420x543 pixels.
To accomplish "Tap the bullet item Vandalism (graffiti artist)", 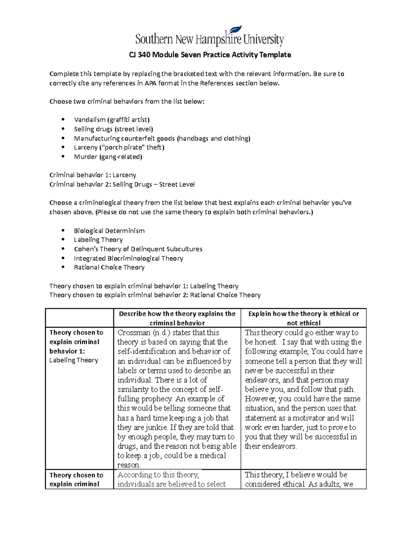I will click(x=112, y=120).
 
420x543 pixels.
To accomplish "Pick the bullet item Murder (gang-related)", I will click(x=108, y=157).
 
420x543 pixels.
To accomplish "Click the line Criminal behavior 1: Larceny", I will click(x=93, y=175).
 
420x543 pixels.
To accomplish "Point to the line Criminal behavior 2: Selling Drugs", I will click(x=122, y=185).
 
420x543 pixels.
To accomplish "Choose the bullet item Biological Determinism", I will click(x=109, y=231).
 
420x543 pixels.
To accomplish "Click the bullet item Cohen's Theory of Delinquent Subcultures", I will click(x=138, y=249).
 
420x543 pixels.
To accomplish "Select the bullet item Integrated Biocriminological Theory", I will click(x=128, y=258).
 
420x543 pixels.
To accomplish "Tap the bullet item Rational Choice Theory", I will click(x=109, y=267).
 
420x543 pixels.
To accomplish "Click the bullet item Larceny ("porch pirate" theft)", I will click(x=119, y=148).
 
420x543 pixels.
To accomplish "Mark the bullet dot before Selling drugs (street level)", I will click(x=63, y=129).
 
